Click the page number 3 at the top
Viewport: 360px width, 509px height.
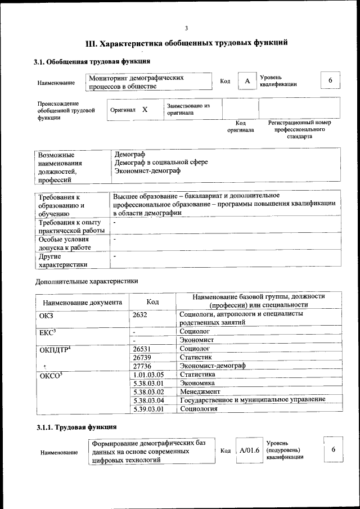[186, 29]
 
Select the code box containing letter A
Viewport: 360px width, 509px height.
[246, 82]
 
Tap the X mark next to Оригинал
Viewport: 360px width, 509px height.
[145, 110]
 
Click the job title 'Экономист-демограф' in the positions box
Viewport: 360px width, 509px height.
[147, 170]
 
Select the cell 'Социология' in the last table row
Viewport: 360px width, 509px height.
[198, 409]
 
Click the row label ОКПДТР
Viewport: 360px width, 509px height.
[54, 349]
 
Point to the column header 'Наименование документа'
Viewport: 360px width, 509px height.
[82, 303]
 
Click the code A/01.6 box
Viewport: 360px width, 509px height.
[249, 451]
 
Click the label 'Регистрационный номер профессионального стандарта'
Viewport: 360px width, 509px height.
[299, 129]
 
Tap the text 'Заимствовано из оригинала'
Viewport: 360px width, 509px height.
[188, 109]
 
